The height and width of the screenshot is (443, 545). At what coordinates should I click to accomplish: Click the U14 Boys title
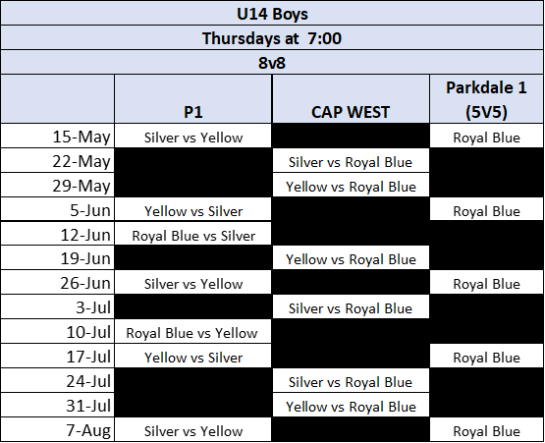272,14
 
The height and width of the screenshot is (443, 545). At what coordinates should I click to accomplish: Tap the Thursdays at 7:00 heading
272,38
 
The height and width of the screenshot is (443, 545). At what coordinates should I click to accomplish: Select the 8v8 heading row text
272,63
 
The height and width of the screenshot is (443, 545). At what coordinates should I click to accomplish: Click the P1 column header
193,112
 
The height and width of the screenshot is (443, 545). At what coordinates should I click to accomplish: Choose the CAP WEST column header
351,112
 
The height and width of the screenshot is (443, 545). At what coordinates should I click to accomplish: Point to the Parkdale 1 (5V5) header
486,99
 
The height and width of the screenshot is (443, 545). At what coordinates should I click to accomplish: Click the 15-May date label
82,137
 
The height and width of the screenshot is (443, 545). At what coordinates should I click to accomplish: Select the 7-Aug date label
88,430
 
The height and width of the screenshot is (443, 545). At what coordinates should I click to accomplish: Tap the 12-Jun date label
85,235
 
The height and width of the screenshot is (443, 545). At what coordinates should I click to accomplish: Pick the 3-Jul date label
93,307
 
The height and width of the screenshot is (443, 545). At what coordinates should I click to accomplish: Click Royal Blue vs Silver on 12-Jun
193,236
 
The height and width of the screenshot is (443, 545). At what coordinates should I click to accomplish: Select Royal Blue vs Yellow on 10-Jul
191,333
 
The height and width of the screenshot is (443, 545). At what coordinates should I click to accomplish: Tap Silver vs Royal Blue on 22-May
351,162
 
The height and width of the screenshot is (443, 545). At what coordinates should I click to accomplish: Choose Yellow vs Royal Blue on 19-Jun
351,259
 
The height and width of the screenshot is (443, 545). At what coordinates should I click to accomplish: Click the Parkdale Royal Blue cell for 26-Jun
487,284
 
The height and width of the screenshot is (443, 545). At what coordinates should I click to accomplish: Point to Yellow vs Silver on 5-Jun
193,211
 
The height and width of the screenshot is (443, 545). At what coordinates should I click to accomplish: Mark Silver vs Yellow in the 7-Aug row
193,431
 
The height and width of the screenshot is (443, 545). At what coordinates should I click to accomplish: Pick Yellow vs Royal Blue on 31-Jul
351,407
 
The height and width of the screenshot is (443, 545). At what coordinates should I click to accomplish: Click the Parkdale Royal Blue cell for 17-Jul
487,358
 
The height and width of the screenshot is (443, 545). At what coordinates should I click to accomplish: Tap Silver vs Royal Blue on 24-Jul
351,382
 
